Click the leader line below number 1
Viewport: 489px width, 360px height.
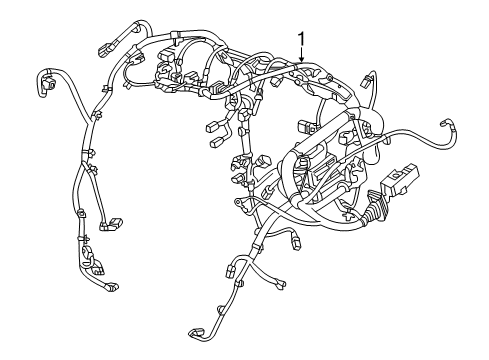click(300, 55)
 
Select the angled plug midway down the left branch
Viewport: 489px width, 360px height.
click(113, 221)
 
